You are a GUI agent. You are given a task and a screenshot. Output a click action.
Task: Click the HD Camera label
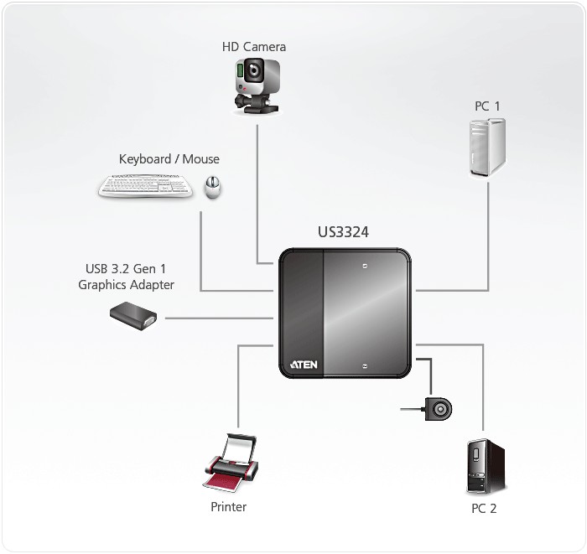click(x=253, y=47)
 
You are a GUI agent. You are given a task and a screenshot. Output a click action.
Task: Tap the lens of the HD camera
click(x=251, y=72)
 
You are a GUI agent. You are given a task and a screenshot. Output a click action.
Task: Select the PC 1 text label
click(x=486, y=106)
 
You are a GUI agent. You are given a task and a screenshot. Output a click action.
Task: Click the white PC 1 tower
click(x=486, y=148)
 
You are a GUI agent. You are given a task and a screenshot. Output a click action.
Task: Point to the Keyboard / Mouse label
click(x=169, y=159)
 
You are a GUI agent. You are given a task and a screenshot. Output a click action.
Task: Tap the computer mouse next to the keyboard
click(x=213, y=187)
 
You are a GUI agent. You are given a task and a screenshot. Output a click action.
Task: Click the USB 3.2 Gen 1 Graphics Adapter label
click(x=126, y=277)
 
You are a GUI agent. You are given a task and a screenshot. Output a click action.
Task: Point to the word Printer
click(x=228, y=507)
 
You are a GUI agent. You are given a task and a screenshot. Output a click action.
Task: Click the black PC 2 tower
click(x=486, y=465)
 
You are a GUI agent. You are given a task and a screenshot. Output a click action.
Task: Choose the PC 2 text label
click(x=485, y=509)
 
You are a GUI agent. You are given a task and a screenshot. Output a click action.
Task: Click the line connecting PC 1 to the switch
click(x=488, y=251)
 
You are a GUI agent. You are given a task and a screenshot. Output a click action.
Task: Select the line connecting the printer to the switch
click(x=239, y=386)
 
